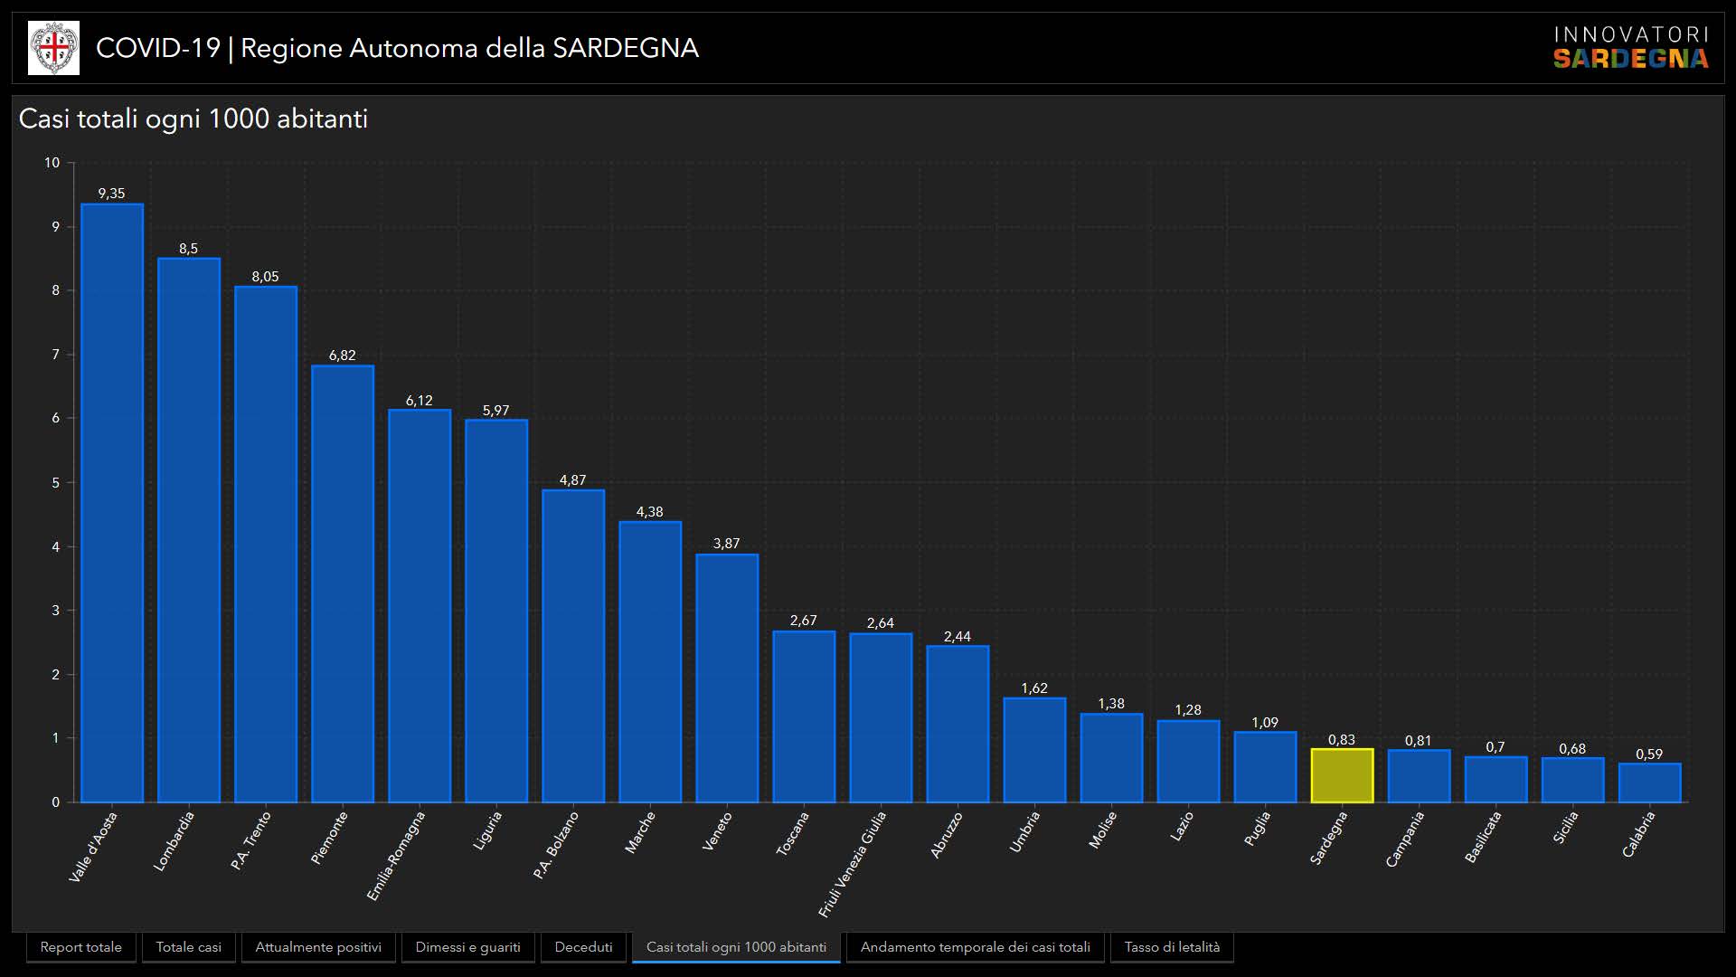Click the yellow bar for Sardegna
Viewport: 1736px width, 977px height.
pyautogui.click(x=1342, y=775)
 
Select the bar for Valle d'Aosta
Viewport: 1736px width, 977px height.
pyautogui.click(x=112, y=503)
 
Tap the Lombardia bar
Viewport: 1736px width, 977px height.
pyautogui.click(x=189, y=530)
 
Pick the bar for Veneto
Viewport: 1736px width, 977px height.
pyautogui.click(x=727, y=678)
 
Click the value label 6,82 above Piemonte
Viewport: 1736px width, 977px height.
pyautogui.click(x=342, y=356)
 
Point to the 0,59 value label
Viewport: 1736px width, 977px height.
pyautogui.click(x=1649, y=754)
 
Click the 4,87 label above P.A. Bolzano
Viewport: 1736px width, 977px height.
pyautogui.click(x=572, y=480)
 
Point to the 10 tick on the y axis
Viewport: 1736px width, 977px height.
pyautogui.click(x=52, y=163)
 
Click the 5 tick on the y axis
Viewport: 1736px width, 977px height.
pyautogui.click(x=55, y=482)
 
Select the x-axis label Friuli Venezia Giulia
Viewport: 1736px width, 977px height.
pyautogui.click(x=853, y=864)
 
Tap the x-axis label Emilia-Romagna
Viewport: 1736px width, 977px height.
pyautogui.click(x=396, y=856)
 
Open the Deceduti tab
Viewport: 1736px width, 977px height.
pyautogui.click(x=583, y=947)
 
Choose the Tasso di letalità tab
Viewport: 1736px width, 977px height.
pyautogui.click(x=1172, y=947)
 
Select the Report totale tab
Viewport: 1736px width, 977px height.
pyautogui.click(x=80, y=947)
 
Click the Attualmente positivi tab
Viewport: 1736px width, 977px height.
pyautogui.click(x=318, y=947)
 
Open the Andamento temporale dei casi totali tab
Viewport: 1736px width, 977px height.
pyautogui.click(x=975, y=947)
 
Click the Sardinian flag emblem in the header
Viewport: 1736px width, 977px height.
pyautogui.click(x=53, y=48)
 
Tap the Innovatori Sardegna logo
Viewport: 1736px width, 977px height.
pyautogui.click(x=1630, y=48)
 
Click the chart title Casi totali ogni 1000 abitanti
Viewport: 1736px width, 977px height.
pyautogui.click(x=193, y=119)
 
